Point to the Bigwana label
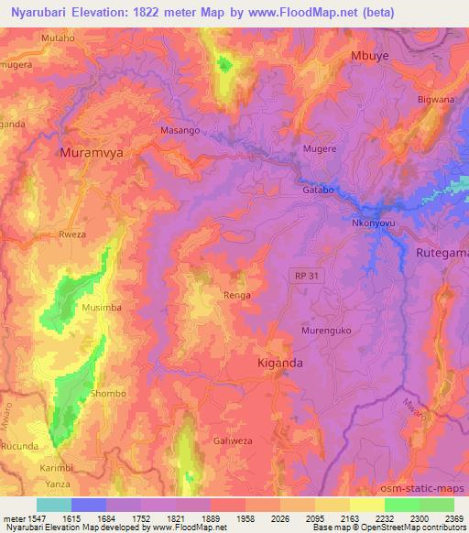tap(435, 99)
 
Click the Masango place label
tap(180, 131)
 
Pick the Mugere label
tap(320, 147)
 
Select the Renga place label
tap(237, 296)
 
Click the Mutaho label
tap(58, 38)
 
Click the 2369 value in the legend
tap(453, 519)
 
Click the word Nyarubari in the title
tap(39, 12)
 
